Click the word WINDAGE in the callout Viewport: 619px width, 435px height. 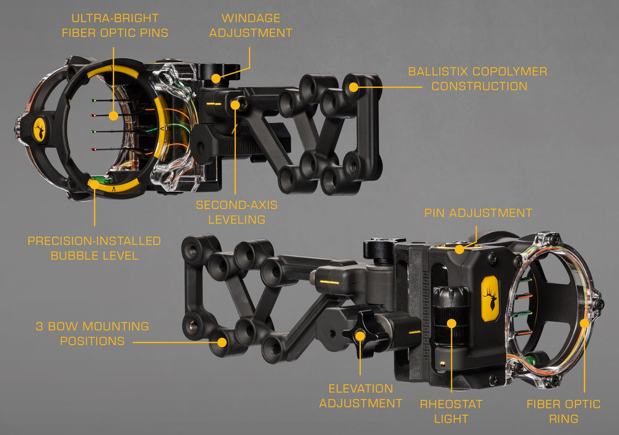coord(251,18)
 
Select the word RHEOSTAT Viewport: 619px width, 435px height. coord(451,404)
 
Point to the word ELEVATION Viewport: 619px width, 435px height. coord(361,389)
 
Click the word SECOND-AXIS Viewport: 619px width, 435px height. coord(237,205)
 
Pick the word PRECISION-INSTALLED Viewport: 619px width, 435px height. coord(94,241)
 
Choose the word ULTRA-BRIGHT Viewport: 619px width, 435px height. coord(115,18)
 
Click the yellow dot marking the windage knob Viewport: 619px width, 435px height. coord(216,78)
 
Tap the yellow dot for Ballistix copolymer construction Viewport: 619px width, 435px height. coord(353,87)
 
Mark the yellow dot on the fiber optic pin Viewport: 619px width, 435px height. coord(113,116)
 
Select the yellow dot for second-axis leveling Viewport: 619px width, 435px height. coord(235,105)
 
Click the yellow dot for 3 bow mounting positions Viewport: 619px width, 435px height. coord(222,342)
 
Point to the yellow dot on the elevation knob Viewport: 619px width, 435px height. coord(360,336)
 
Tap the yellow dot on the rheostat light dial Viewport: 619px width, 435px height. coord(451,324)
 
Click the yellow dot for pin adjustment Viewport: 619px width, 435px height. coord(459,249)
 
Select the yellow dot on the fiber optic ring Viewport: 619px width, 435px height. coord(584,323)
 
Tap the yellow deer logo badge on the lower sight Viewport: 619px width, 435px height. coord(490,298)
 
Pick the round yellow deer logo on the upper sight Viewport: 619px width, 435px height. coord(40,129)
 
